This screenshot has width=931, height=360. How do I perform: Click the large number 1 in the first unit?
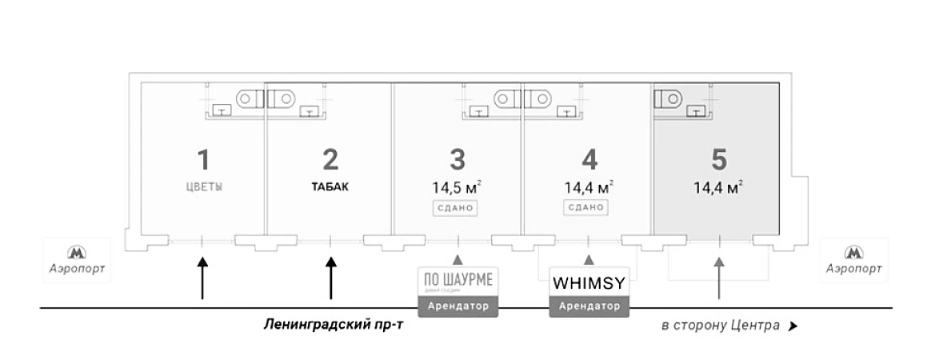pyautogui.click(x=203, y=159)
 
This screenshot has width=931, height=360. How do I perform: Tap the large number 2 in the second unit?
pyautogui.click(x=330, y=159)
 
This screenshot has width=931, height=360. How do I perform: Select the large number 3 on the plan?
pyautogui.click(x=458, y=159)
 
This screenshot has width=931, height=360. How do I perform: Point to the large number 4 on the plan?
pyautogui.click(x=589, y=159)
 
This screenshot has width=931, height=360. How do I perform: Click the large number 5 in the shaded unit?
pyautogui.click(x=719, y=159)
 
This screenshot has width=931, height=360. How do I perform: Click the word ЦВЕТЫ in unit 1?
pyautogui.click(x=203, y=188)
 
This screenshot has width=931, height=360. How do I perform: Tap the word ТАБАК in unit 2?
pyautogui.click(x=330, y=188)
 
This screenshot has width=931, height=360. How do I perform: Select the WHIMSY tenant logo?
pyautogui.click(x=589, y=282)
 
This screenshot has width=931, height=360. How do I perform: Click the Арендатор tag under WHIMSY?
pyautogui.click(x=589, y=306)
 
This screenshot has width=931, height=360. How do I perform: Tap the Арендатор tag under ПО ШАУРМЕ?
pyautogui.click(x=458, y=306)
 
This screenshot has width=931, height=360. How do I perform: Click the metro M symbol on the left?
pyautogui.click(x=78, y=253)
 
